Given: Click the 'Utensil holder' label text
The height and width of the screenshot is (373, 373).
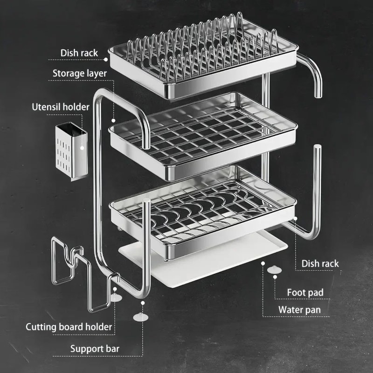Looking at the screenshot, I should [60, 107].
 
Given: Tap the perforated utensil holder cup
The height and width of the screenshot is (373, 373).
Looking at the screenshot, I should [71, 150].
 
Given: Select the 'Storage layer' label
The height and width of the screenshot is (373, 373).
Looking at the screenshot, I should [79, 73].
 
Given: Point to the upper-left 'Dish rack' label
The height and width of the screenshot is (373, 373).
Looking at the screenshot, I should [79, 53].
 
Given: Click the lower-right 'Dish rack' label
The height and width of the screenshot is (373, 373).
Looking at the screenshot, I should [320, 263].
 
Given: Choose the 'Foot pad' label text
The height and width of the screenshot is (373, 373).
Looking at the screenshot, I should [305, 293].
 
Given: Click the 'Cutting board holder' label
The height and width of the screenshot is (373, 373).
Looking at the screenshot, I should [69, 327].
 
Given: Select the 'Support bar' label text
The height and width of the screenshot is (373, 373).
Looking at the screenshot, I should [95, 348].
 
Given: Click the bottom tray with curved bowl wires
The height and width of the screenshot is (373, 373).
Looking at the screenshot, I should [203, 210].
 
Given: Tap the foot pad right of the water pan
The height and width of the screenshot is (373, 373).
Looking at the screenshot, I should [275, 269].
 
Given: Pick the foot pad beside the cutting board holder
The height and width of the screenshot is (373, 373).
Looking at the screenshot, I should [116, 297].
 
